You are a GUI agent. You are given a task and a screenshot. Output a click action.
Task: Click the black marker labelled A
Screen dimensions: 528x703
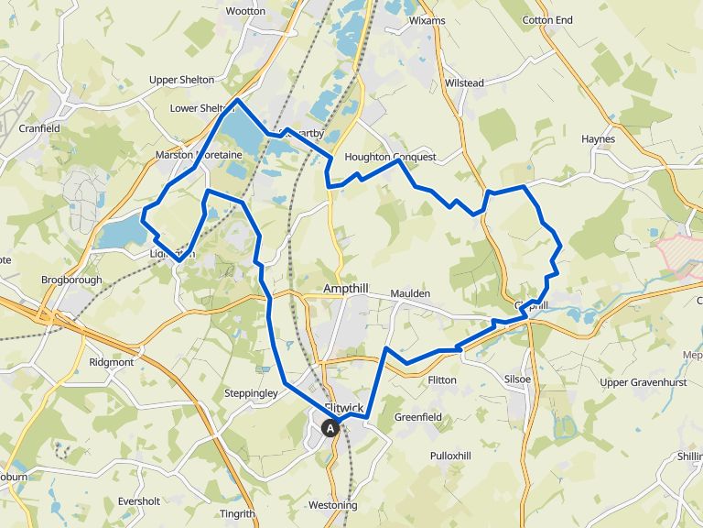tap(330, 427)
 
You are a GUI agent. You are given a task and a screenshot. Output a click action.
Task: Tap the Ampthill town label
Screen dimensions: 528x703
tap(346, 289)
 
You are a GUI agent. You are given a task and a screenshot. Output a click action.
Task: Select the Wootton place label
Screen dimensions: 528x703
tap(245, 11)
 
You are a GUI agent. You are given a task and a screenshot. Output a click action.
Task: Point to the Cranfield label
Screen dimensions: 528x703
tap(39, 128)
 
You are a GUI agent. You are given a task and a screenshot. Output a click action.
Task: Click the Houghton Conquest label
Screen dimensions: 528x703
tap(390, 157)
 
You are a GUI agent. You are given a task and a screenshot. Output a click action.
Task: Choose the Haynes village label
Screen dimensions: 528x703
tap(598, 139)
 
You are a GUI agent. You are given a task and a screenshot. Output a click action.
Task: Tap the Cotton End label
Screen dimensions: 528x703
tap(547, 20)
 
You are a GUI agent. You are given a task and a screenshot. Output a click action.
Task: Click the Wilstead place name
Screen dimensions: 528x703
tap(464, 83)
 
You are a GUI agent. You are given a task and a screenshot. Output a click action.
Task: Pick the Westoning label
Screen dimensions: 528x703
tap(333, 506)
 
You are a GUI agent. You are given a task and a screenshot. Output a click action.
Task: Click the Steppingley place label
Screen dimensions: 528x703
tap(251, 394)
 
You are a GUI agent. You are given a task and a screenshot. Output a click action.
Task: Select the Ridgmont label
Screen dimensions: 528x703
tap(111, 362)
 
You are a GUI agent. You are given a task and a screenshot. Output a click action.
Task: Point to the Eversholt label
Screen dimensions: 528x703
tap(139, 501)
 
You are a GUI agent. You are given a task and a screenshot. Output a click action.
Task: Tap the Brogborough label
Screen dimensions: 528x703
tap(71, 280)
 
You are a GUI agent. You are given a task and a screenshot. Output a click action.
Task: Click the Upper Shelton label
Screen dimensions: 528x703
tap(181, 80)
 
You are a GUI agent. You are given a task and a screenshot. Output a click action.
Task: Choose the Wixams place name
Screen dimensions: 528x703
tap(427, 19)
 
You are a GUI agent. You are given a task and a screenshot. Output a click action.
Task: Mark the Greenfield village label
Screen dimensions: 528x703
tap(418, 417)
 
